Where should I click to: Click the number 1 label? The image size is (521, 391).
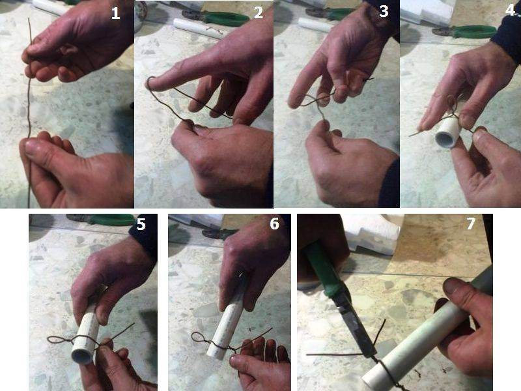click(x=115, y=13)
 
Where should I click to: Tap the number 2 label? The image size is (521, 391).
click(x=258, y=12)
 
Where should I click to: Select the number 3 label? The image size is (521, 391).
click(x=384, y=11)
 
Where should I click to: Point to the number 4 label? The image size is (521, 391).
click(x=510, y=10)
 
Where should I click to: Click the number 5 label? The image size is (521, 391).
click(x=141, y=224)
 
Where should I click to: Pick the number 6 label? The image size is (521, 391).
click(x=274, y=224)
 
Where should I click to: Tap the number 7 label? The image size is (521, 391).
click(x=470, y=224)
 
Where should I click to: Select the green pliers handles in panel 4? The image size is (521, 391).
click(x=471, y=31)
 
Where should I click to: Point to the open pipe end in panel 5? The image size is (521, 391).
click(x=82, y=355)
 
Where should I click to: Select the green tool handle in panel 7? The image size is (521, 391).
click(x=322, y=270)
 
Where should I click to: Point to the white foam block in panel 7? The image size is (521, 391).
click(x=373, y=233)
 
